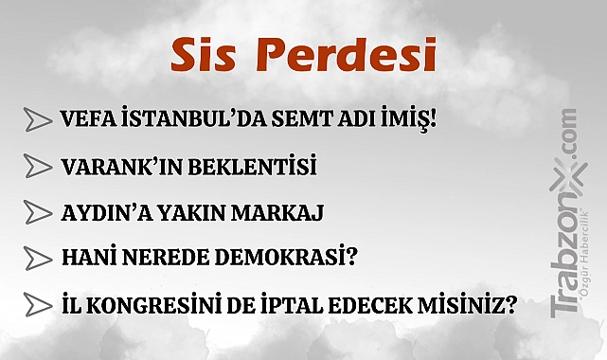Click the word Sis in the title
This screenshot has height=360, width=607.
[203, 55]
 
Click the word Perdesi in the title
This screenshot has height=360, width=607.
[346, 55]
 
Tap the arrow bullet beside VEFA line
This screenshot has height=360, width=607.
[38, 119]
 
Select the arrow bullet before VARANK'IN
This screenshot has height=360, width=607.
[38, 166]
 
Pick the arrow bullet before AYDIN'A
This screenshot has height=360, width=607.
[38, 212]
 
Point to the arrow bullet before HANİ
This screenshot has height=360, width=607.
[38, 259]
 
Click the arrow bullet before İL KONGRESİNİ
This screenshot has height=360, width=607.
[38, 305]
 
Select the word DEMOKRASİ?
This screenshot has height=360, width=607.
[286, 257]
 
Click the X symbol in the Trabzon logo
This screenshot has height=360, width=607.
[568, 178]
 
